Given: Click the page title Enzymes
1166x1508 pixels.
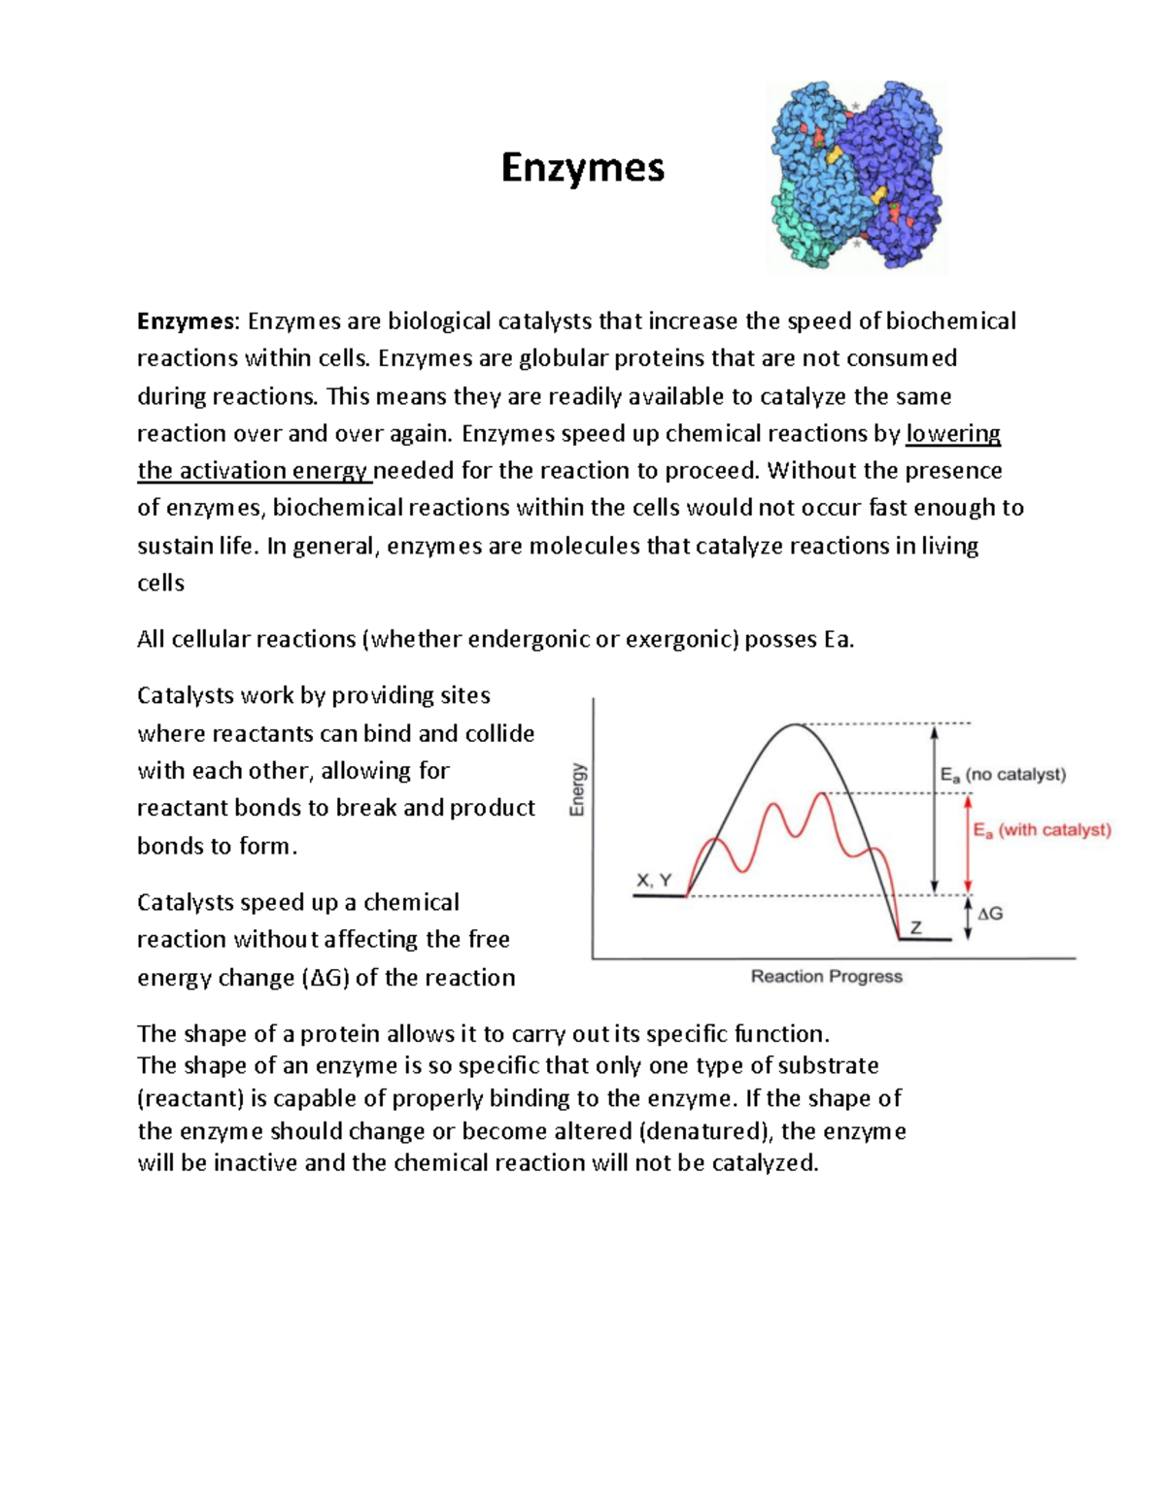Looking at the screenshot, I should [582, 168].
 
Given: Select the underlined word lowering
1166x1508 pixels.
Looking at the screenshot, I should [952, 433].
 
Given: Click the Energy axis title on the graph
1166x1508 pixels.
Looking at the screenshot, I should [577, 788].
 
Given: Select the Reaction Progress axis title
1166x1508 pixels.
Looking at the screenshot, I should [826, 976].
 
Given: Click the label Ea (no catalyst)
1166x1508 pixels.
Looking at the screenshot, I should [1003, 775].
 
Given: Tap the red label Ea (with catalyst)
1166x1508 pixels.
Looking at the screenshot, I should [1042, 830].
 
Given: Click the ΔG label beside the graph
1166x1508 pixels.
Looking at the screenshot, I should [990, 914].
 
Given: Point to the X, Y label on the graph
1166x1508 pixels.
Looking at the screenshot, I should [654, 880].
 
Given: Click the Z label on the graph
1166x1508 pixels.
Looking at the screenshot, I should [915, 928].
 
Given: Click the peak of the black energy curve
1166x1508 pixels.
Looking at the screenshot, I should [796, 724].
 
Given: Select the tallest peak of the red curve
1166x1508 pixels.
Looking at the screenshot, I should [823, 794].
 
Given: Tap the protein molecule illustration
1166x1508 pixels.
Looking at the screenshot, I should [855, 177].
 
